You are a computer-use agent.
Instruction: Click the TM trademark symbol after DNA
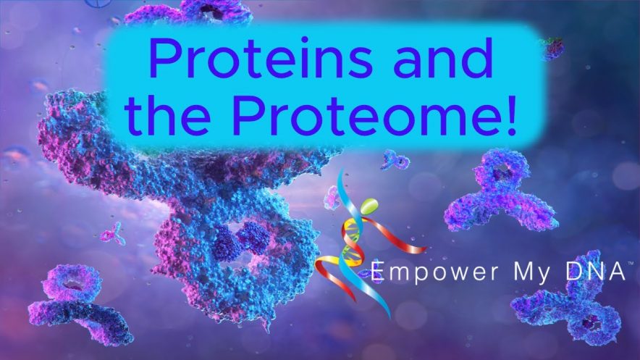click(x=631, y=264)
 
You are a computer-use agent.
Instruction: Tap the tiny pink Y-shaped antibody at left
click(x=113, y=234)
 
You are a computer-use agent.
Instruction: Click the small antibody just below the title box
click(x=395, y=160)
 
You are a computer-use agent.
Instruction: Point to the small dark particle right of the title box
click(x=553, y=49)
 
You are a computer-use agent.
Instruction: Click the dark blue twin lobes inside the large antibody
click(x=242, y=240)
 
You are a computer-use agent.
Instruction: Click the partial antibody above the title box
click(x=192, y=12)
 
